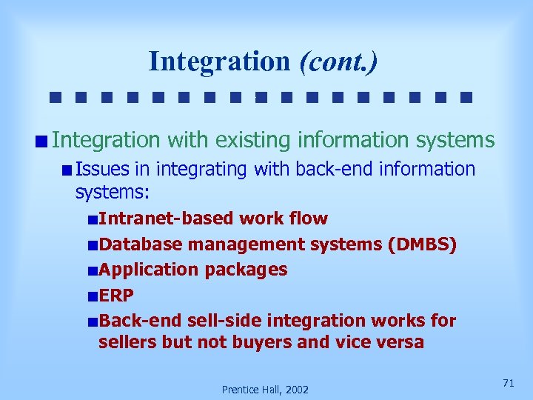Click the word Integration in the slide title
coord(218,61)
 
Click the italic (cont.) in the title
coord(338,61)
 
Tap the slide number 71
coord(508,382)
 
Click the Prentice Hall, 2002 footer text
coord(266,389)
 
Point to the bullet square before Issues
coord(67,170)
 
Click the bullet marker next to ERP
coord(91,296)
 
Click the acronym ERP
coord(116,296)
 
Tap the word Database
coord(141,244)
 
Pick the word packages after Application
coord(247,270)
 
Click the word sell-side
coord(224,321)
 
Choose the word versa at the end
coord(398,342)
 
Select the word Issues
coord(102,169)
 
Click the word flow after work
coord(309,219)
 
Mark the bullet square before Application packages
coord(91,270)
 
